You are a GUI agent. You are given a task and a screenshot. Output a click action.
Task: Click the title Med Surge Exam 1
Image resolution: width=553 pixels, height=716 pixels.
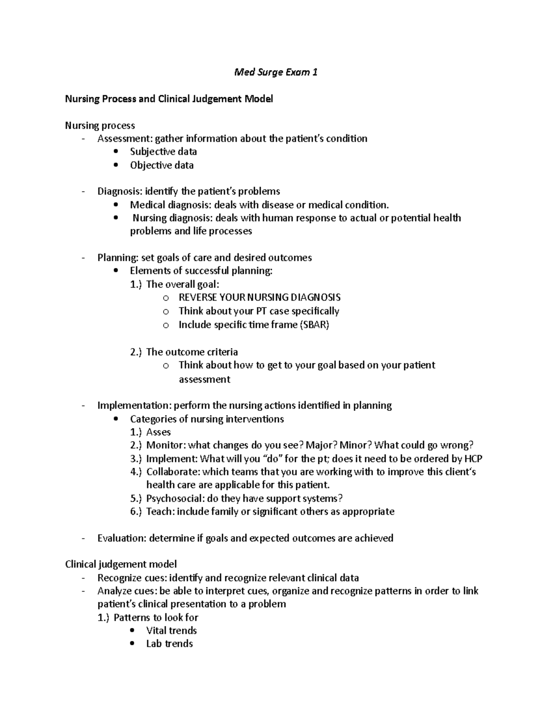[276, 72]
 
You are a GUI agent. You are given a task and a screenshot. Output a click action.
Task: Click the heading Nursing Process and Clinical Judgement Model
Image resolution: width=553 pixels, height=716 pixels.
[169, 99]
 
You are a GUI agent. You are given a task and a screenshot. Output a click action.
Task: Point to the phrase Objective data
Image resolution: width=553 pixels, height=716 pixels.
[161, 165]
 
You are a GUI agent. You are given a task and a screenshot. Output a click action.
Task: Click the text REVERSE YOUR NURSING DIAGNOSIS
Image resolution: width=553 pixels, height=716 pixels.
[259, 297]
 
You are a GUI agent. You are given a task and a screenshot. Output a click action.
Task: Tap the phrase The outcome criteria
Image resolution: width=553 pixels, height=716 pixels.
[192, 352]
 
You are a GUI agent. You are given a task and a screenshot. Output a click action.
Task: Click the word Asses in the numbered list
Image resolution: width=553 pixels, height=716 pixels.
[158, 432]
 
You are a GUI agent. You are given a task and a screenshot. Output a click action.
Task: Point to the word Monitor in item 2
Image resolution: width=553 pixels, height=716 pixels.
[165, 445]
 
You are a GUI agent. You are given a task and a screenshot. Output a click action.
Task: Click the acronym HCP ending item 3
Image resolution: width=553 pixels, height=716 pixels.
[473, 459]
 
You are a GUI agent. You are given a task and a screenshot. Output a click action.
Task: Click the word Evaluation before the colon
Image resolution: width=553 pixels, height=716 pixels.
[121, 538]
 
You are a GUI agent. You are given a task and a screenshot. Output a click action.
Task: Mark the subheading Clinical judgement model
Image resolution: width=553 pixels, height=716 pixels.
[121, 564]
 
